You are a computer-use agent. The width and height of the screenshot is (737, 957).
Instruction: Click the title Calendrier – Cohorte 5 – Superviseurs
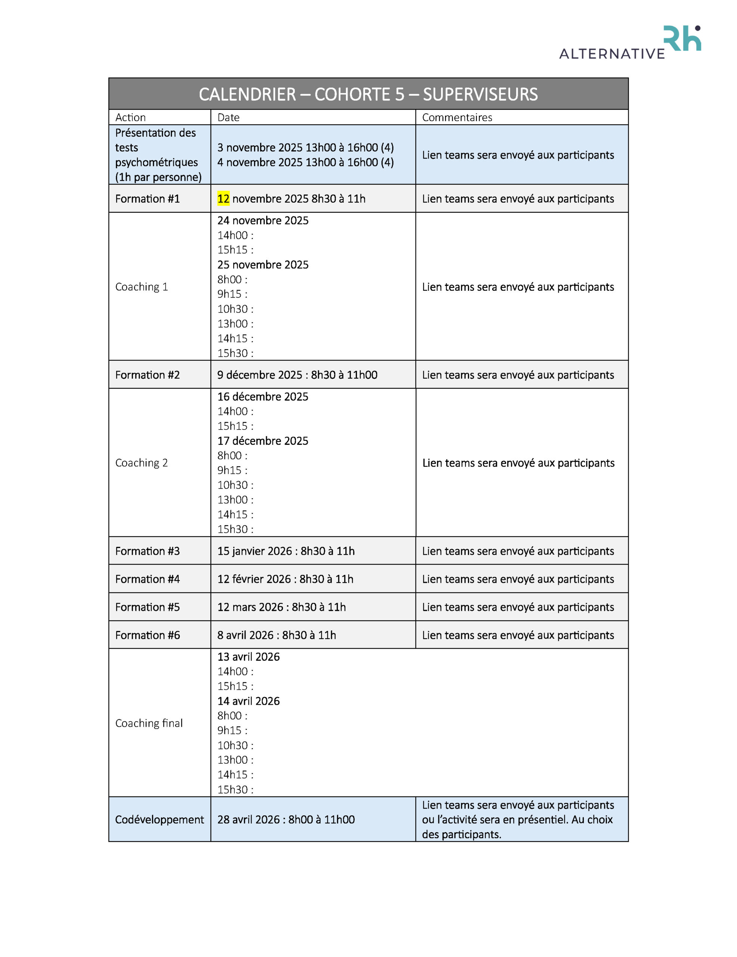[x=368, y=94]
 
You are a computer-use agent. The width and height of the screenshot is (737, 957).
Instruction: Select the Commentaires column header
[x=457, y=117]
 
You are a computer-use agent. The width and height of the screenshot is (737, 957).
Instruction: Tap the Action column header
[x=130, y=117]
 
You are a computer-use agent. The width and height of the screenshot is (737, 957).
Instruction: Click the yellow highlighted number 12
[x=223, y=199]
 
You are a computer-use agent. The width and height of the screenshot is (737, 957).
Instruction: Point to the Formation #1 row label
[x=147, y=199]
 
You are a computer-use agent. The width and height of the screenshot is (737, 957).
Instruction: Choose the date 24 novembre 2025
[x=263, y=221]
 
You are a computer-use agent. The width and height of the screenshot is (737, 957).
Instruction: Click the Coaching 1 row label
[x=142, y=287]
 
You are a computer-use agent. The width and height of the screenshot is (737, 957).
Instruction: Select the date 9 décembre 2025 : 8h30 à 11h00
[x=297, y=375]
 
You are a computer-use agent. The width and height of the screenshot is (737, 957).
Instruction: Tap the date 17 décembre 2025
[x=263, y=441]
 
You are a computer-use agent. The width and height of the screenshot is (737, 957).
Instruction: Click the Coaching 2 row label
[x=142, y=463]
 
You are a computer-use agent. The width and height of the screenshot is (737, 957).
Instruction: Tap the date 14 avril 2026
[x=249, y=701]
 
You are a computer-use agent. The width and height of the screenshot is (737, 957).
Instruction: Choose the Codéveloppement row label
[x=160, y=820]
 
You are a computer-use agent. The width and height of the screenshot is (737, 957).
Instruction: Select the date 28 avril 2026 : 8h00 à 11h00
[x=286, y=820]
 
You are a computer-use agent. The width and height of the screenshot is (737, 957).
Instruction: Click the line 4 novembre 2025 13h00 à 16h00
[x=305, y=163]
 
